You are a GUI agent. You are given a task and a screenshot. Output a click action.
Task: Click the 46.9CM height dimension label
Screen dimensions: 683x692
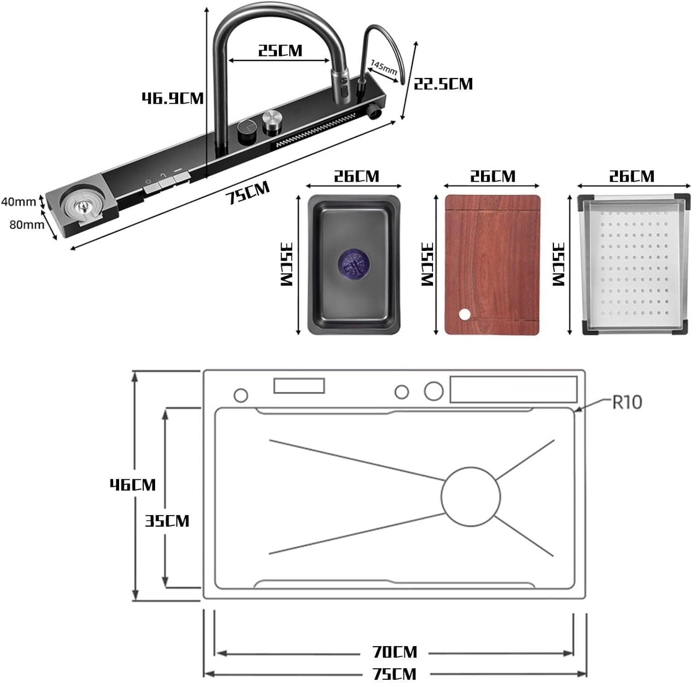coord(172,98)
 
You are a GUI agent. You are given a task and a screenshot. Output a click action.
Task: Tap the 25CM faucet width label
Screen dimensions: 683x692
coord(280,50)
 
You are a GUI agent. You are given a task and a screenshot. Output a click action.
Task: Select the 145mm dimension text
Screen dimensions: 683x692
coord(384,67)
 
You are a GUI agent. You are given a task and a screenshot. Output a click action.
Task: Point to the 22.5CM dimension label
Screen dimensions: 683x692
coord(443,84)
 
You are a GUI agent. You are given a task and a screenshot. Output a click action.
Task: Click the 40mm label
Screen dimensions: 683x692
coord(18,202)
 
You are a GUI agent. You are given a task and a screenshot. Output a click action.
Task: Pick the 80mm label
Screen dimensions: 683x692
coord(26,225)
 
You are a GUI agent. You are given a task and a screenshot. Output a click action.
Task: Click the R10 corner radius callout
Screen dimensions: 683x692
coord(627,402)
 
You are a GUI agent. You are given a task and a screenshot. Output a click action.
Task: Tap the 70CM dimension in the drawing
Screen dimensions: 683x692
coord(395,652)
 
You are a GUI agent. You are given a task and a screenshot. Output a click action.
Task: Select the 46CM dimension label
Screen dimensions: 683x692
coord(132,484)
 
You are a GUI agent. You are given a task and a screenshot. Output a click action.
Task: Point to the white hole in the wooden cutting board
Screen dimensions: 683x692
coord(464,315)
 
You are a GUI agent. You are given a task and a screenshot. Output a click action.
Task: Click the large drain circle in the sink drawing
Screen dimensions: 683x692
coord(470,496)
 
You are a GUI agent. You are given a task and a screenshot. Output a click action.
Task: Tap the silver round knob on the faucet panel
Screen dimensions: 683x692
coord(271,119)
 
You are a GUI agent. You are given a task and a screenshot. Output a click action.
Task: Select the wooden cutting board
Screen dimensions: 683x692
coord(492,265)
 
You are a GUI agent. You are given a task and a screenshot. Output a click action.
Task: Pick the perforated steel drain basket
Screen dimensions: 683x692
coord(633,265)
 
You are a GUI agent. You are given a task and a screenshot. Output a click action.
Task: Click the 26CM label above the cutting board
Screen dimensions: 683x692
coord(493,176)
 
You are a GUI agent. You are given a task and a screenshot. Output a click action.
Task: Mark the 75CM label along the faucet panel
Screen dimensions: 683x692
coord(247,193)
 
